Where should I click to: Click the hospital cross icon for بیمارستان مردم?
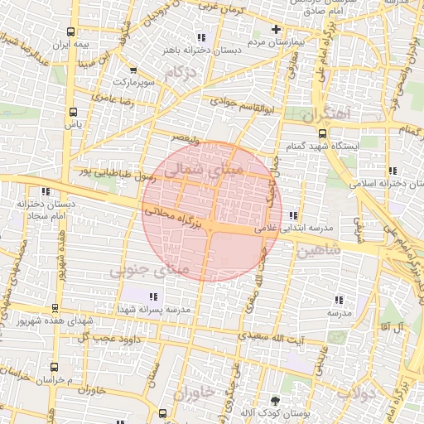[x=276, y=30]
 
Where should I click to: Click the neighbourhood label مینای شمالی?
[x=204, y=170]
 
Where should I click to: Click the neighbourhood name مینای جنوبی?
[x=149, y=270]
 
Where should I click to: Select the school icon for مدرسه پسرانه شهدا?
[x=152, y=296]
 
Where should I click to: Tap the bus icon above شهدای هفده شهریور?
[x=55, y=307]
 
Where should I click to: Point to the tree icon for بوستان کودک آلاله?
[x=275, y=401]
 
